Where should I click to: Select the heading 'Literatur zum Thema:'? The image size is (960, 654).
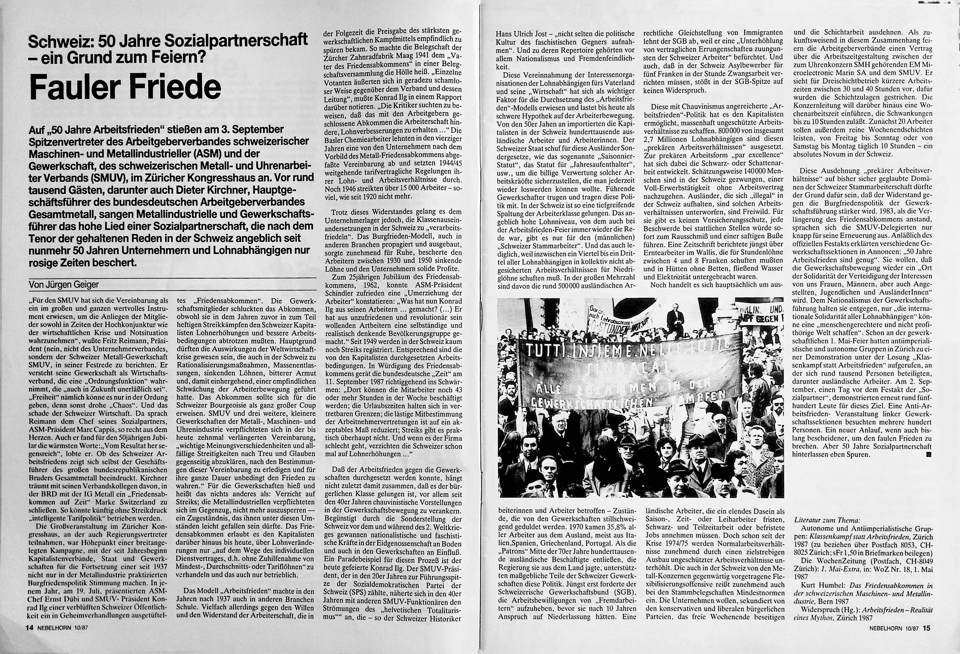click(822, 520)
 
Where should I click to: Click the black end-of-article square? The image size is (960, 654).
click(926, 454)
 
